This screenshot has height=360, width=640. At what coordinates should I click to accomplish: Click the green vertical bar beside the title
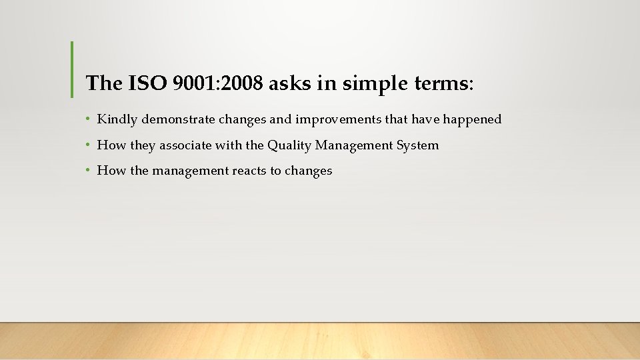[71, 69]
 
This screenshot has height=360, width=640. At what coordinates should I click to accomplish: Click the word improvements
[328, 119]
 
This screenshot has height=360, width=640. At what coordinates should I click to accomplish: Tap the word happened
[472, 119]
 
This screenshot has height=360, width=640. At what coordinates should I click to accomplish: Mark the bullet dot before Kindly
[88, 119]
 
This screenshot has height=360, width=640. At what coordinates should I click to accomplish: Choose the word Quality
[290, 145]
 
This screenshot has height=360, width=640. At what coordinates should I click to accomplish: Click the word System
[419, 145]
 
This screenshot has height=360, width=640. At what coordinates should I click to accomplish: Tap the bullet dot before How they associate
[88, 145]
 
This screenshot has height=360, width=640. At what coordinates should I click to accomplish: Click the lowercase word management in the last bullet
[190, 170]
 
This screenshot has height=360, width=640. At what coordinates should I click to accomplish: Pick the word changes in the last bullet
[308, 170]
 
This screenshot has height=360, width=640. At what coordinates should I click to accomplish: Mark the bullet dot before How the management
[88, 170]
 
